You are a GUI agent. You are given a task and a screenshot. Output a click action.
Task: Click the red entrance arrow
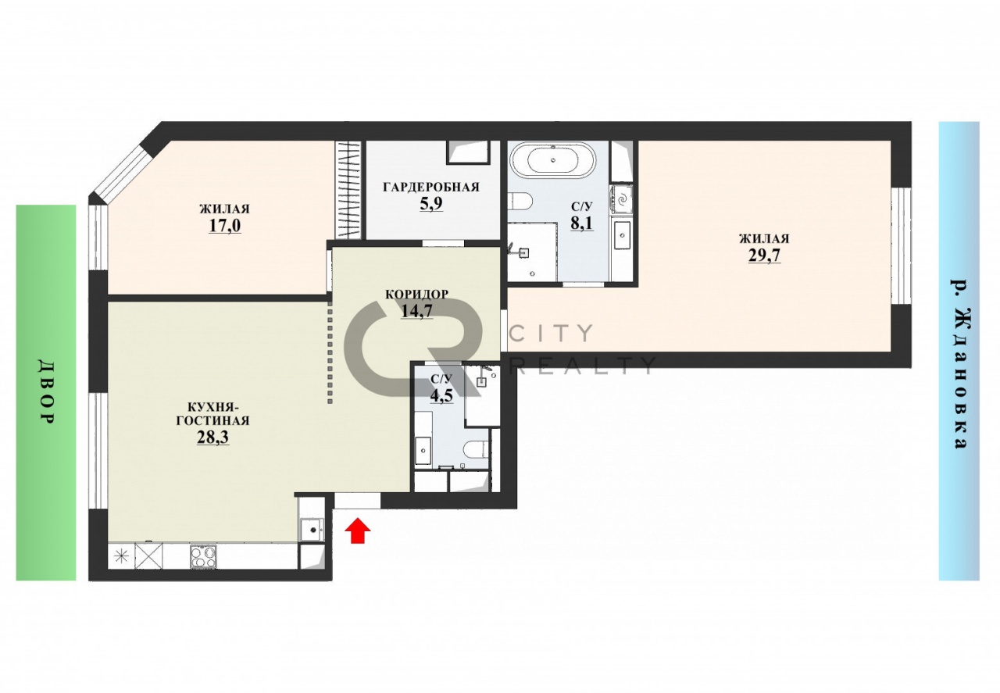click(358, 530)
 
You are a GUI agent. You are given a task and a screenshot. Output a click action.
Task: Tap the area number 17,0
click(224, 226)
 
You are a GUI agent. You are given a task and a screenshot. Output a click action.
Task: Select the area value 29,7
click(764, 255)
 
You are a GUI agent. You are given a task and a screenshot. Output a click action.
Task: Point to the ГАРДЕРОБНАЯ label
click(430, 187)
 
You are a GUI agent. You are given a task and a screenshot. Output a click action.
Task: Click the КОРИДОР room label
click(416, 295)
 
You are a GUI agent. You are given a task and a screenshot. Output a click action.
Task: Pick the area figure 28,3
click(213, 438)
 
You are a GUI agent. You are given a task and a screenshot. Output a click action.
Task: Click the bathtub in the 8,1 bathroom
click(552, 159)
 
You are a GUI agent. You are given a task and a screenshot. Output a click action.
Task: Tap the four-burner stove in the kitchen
click(204, 556)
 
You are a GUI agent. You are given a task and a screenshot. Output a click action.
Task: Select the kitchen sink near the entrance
click(312, 530)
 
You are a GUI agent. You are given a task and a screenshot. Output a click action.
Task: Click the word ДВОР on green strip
click(45, 392)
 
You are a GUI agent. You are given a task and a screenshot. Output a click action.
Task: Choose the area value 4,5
click(441, 395)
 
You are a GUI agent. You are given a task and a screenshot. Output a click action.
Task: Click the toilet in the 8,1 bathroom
click(520, 201)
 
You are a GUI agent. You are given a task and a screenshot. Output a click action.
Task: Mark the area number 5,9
click(430, 204)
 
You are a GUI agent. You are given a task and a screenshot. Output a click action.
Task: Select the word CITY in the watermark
click(552, 333)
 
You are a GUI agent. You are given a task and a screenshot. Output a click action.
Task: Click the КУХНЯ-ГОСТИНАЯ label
click(212, 414)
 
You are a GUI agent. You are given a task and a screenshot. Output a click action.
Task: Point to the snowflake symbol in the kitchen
click(120, 556)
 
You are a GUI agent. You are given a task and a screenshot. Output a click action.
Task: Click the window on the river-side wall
click(901, 246)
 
